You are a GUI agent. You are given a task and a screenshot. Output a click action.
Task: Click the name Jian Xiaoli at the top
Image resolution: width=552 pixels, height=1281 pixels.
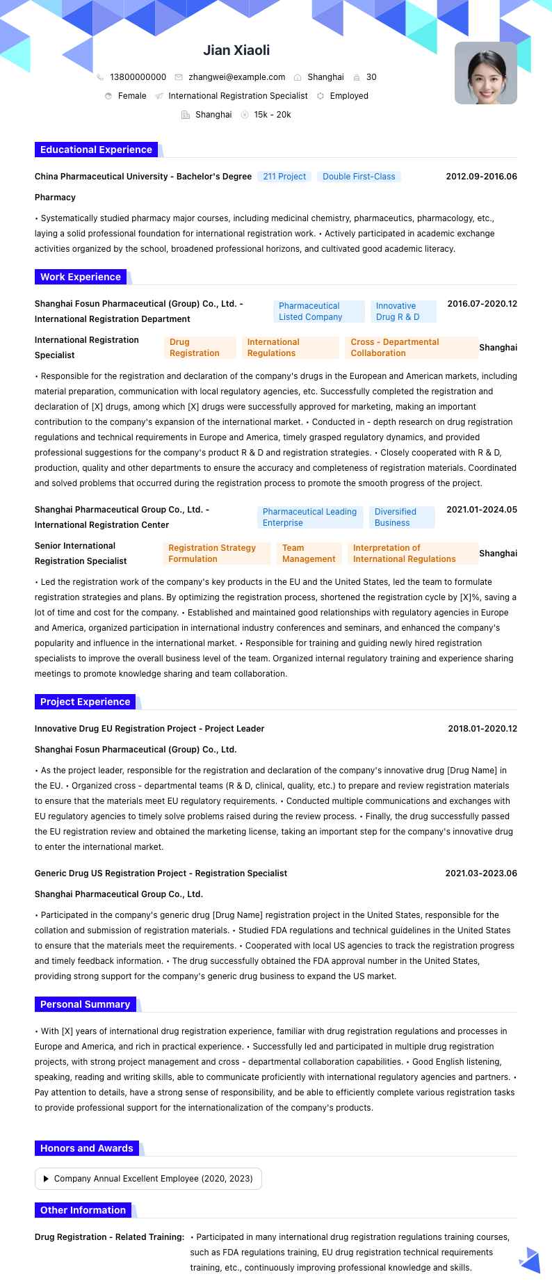click(x=236, y=50)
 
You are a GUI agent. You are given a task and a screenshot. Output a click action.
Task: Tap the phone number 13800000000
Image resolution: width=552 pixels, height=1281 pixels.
click(x=138, y=77)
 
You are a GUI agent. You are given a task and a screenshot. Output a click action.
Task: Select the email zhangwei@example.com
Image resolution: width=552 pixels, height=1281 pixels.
click(x=236, y=77)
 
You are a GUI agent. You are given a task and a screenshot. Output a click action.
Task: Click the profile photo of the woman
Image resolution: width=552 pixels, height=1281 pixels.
click(x=485, y=73)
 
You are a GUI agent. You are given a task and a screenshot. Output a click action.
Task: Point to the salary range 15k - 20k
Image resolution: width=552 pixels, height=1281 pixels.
click(x=272, y=115)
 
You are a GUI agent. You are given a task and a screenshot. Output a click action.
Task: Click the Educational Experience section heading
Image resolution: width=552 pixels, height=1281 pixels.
click(x=96, y=150)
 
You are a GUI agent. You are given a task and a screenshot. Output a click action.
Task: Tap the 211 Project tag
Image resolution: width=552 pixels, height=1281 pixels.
click(x=284, y=177)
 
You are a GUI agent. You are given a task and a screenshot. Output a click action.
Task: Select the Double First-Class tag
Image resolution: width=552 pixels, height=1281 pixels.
click(x=359, y=177)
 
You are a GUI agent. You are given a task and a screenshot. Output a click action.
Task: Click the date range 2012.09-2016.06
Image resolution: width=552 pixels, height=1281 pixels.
click(x=481, y=177)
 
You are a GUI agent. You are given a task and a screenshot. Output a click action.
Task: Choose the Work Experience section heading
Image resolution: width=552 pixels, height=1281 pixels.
click(x=81, y=277)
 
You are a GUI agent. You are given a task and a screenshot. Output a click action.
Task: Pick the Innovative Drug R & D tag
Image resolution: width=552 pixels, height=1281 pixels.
click(x=403, y=312)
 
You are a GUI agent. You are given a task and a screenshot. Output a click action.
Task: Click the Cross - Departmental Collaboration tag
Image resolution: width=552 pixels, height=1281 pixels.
click(x=411, y=348)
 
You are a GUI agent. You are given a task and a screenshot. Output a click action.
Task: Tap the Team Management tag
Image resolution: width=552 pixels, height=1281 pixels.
click(x=309, y=554)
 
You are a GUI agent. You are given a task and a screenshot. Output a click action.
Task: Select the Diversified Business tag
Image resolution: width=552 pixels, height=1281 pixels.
click(x=401, y=517)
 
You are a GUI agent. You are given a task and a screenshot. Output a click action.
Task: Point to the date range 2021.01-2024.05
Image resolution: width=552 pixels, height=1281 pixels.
click(x=481, y=510)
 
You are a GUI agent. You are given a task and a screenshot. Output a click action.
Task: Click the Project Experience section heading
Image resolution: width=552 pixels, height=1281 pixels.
click(x=85, y=702)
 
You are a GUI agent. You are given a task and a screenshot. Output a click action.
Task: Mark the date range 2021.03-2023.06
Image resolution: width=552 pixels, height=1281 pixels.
click(x=481, y=873)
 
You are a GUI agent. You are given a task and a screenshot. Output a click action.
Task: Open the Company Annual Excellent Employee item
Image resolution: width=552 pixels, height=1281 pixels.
click(x=148, y=1179)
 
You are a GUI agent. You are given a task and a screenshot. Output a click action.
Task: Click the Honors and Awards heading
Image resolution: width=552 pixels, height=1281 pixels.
click(x=86, y=1148)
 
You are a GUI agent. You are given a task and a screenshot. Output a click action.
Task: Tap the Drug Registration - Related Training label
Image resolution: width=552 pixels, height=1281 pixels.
click(x=110, y=1237)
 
